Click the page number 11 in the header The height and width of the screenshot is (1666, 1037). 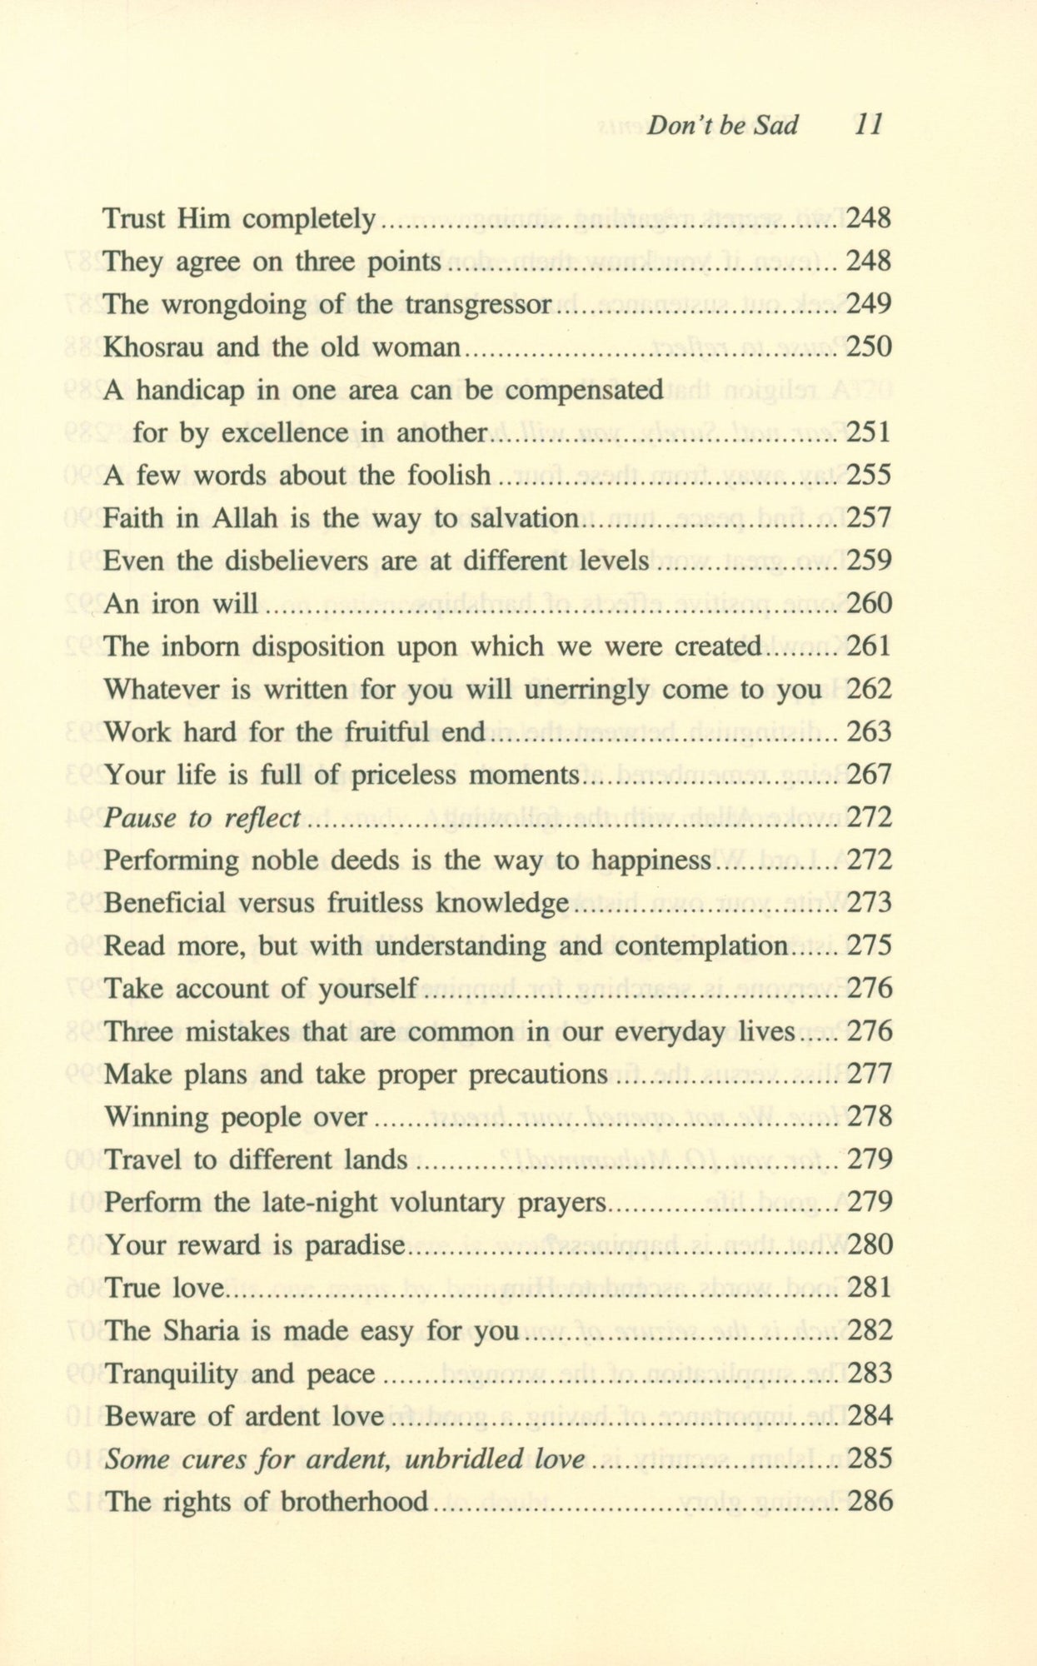coord(867,125)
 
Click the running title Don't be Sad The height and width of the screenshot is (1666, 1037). coord(722,125)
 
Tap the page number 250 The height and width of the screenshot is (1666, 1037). coord(868,347)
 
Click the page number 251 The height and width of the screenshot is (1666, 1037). coord(868,432)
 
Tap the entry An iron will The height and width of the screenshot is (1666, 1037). coord(181,603)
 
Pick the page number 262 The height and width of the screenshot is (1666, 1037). coord(868,689)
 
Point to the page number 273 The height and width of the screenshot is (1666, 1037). coord(868,903)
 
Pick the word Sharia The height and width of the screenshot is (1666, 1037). coord(199,1330)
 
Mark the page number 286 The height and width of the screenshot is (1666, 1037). coord(868,1502)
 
